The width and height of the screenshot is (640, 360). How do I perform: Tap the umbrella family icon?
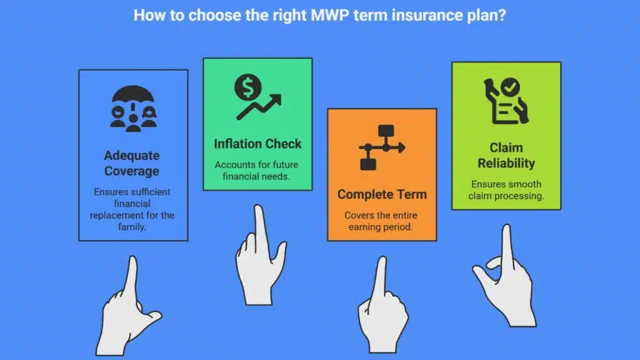[133, 109]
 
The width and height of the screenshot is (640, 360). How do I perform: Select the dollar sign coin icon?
[247, 87]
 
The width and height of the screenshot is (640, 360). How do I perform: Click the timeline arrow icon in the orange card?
[382, 147]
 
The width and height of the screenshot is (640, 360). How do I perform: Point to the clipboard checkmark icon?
[506, 101]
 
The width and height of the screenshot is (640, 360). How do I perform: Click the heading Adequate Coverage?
[132, 163]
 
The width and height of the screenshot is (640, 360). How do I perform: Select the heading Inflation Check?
[257, 144]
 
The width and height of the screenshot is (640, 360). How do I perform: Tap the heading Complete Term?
[382, 194]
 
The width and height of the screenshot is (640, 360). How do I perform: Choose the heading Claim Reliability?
[506, 156]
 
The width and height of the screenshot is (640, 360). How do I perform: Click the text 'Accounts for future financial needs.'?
[257, 171]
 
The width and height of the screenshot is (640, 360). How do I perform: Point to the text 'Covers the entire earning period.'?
[381, 221]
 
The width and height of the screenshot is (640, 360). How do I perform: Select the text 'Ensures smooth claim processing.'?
[506, 190]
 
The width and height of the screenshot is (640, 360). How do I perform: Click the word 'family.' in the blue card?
[132, 227]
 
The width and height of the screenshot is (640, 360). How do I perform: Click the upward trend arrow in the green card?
[259, 107]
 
